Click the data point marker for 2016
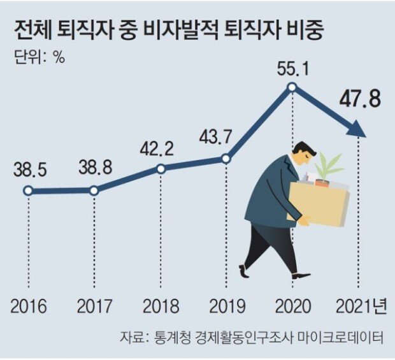click(28, 190)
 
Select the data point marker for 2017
click(94, 190)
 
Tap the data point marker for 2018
click(161, 169)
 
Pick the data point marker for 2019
click(226, 159)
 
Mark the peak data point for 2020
click(292, 87)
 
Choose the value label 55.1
click(292, 66)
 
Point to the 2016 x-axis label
click(29, 307)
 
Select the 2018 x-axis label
click(161, 307)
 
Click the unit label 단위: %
click(39, 56)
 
